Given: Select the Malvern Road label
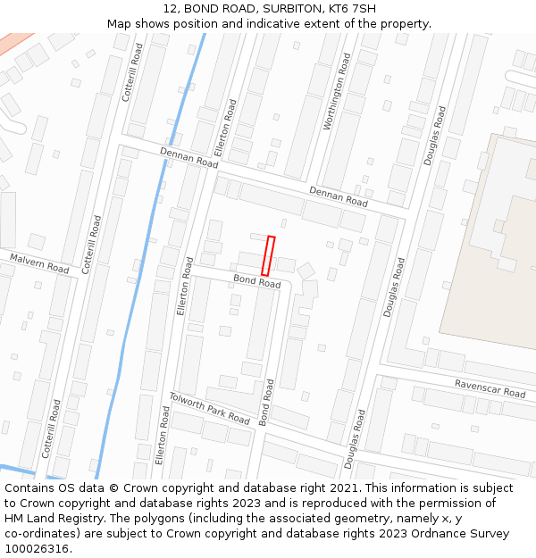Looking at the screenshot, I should (x=39, y=262).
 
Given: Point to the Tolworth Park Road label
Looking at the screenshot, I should (x=210, y=407).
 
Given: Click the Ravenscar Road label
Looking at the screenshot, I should (x=490, y=388).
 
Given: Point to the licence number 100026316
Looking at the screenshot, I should (x=37, y=549).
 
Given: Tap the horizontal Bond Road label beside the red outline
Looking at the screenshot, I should (x=257, y=282).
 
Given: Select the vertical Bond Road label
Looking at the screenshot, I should (x=265, y=401).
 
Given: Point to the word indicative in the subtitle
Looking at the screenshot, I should (x=270, y=24).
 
